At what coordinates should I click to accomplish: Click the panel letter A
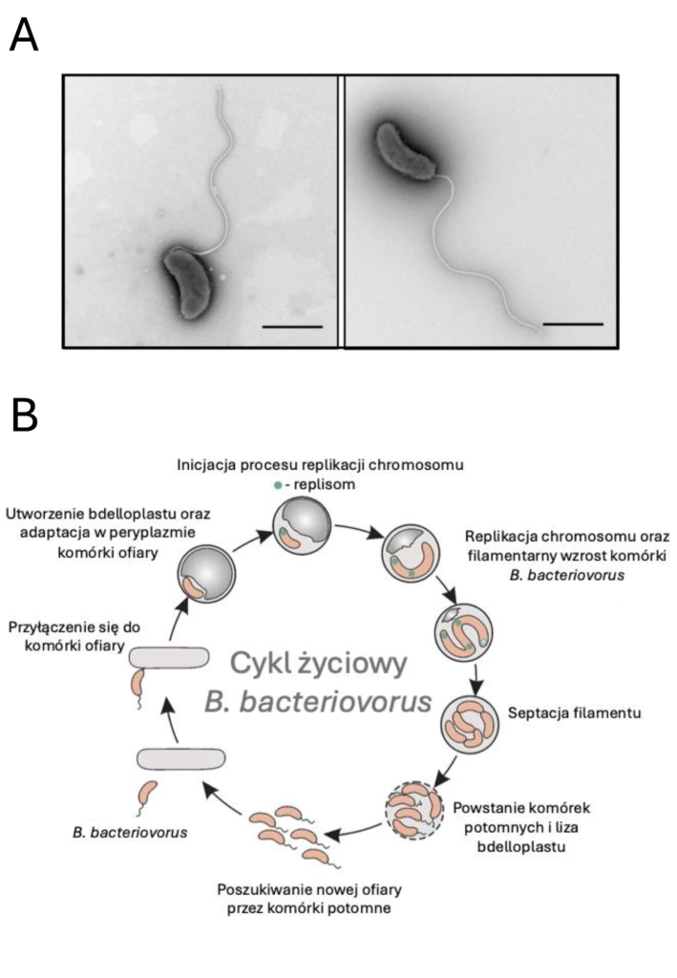[24, 35]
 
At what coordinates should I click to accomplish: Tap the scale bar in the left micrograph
[292, 327]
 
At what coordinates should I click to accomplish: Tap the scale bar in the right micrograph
[573, 325]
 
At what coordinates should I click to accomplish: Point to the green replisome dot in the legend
[278, 484]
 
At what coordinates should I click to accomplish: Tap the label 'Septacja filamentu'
[574, 712]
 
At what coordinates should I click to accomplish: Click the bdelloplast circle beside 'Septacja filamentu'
[471, 724]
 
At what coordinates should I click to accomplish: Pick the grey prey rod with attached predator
[169, 657]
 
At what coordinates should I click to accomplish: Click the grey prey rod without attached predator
[180, 758]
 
